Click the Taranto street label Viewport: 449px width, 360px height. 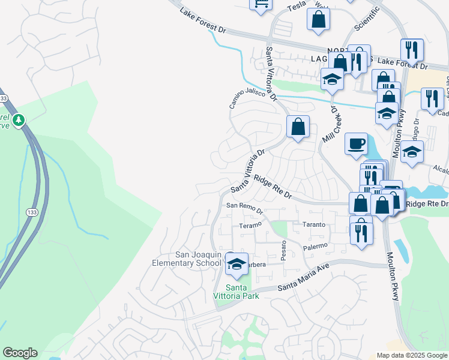[313, 224]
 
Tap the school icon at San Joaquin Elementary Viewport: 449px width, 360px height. [237, 264]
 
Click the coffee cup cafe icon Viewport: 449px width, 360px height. [357, 144]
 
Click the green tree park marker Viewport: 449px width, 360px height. [19, 121]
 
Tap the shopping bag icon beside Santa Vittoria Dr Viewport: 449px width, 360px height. [298, 127]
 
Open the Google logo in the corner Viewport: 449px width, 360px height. [20, 353]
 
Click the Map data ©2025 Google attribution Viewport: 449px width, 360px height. [412, 355]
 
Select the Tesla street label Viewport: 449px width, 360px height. [297, 5]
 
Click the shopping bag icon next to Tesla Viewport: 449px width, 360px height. [318, 19]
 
